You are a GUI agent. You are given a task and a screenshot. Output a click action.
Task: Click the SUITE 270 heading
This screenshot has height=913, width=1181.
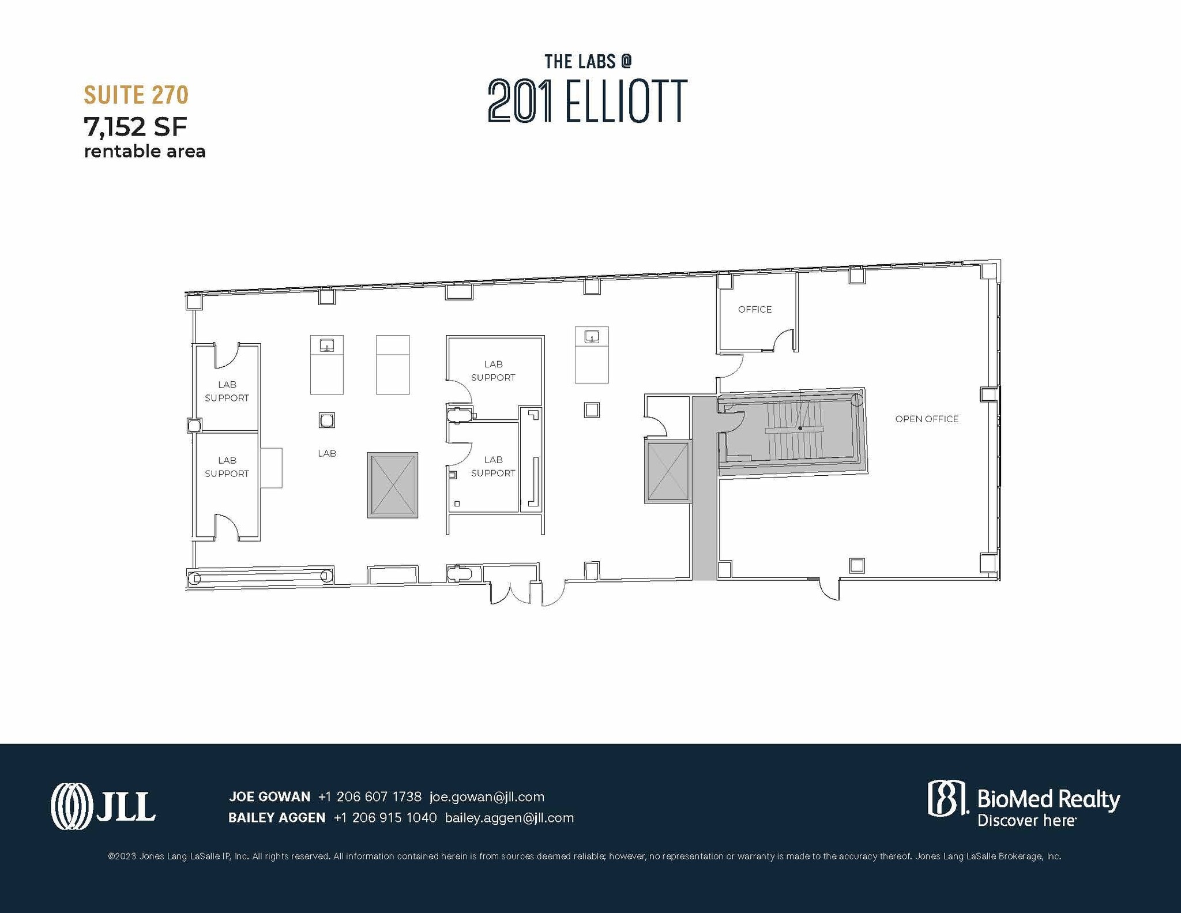(136, 95)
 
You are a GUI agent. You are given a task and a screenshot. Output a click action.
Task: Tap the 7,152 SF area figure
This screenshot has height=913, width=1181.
(136, 127)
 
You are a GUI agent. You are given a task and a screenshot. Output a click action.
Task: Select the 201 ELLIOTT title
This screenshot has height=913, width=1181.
(587, 101)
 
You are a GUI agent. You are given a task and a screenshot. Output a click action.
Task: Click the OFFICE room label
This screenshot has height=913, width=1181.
(754, 310)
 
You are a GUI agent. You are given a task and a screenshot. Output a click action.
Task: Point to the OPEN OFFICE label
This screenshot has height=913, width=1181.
(926, 419)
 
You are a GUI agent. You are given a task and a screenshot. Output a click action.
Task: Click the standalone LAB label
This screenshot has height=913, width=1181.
(327, 453)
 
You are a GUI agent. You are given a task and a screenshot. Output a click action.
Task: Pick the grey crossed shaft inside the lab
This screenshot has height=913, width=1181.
(393, 485)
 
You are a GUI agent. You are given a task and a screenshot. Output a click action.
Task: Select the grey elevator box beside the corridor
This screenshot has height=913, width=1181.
(668, 471)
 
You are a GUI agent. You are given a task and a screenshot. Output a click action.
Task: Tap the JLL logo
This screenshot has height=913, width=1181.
(103, 806)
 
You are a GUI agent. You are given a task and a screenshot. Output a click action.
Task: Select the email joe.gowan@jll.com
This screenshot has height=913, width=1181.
(487, 796)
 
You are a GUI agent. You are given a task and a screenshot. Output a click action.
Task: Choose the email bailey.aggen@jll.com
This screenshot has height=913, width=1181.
(509, 818)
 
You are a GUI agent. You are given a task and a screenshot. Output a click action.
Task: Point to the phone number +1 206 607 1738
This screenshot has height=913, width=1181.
(370, 796)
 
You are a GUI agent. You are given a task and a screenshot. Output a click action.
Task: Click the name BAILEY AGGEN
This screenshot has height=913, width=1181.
(277, 818)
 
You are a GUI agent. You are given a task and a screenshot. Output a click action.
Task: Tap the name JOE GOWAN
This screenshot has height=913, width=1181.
(269, 796)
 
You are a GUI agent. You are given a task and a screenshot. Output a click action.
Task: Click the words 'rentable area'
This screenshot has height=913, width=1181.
(145, 152)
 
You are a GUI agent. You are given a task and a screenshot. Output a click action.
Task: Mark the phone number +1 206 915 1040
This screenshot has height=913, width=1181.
(385, 818)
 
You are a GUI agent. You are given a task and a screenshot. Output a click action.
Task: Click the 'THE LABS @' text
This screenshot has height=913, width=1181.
(588, 61)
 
